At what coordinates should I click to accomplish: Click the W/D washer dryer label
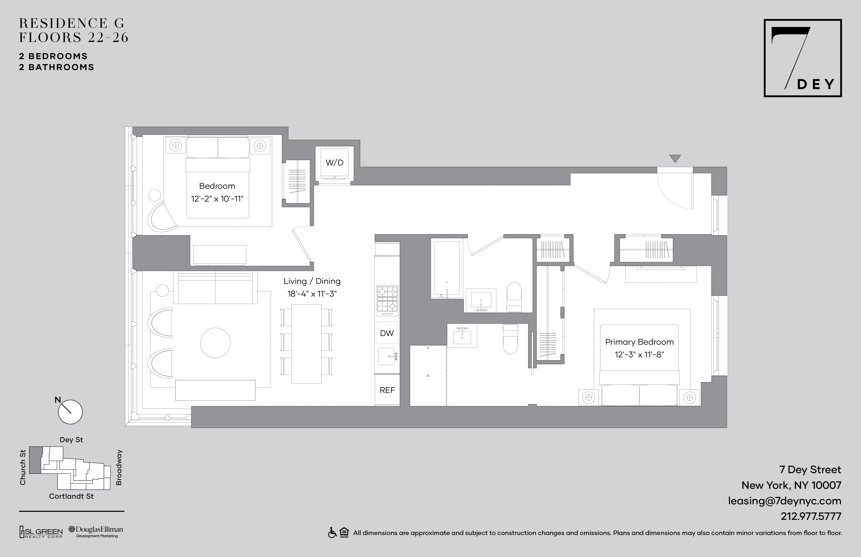334,163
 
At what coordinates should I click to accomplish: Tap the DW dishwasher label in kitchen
387,333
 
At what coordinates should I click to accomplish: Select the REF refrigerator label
387,390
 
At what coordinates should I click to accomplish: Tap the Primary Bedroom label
639,342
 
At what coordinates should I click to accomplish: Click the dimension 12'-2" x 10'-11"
217,198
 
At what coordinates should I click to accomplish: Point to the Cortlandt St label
71,496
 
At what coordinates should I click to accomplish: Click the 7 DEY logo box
802,58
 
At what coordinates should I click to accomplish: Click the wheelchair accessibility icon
332,533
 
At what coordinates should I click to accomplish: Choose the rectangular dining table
306,344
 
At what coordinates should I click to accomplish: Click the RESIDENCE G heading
72,23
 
